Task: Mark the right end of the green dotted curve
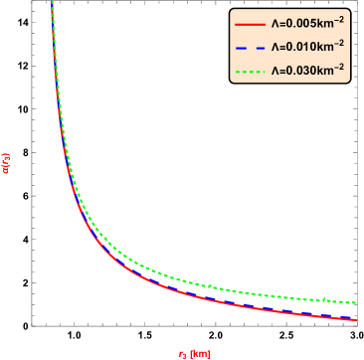click(x=356, y=302)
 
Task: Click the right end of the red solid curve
click(x=356, y=320)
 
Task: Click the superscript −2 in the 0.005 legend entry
click(x=339, y=17)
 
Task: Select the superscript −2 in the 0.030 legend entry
click(x=339, y=67)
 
